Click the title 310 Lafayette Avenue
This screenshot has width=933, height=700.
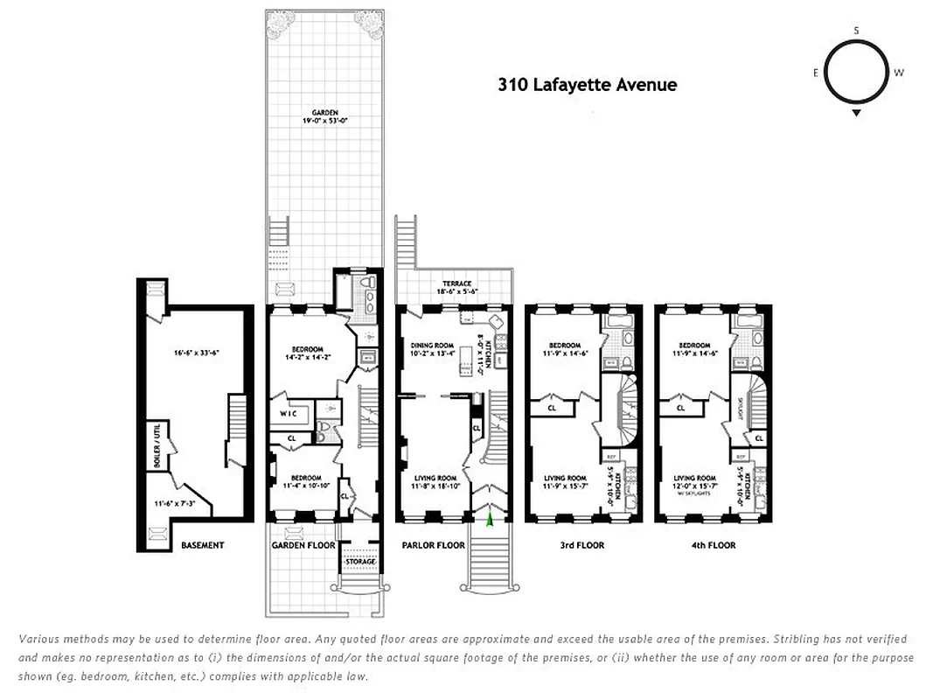point(587,85)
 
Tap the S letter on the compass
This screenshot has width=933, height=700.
point(856,31)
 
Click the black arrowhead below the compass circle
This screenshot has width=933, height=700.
point(856,113)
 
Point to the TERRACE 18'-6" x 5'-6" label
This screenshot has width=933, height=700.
point(456,287)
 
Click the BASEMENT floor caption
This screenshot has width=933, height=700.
point(203,545)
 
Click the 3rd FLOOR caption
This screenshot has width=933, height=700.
point(583,545)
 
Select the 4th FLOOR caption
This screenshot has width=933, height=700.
point(714,545)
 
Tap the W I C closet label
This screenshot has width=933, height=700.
point(290,413)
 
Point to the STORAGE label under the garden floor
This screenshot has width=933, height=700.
point(360,561)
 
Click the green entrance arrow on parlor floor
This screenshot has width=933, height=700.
point(490,519)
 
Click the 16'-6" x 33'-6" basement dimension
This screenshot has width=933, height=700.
point(195,353)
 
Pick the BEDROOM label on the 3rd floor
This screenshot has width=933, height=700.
point(564,346)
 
